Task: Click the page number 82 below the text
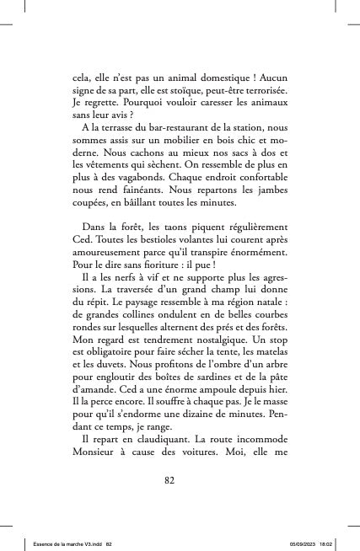[180, 480]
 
